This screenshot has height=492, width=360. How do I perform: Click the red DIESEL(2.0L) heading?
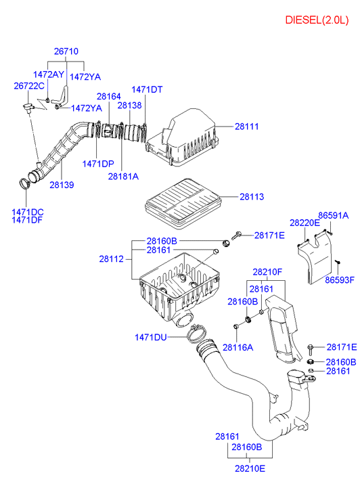(x=317, y=20)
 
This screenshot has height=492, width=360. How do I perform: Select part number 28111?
(x=247, y=127)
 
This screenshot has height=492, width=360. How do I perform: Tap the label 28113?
(x=252, y=197)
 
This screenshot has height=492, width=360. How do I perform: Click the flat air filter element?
(x=183, y=203)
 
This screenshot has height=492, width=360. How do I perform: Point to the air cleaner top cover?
(x=182, y=137)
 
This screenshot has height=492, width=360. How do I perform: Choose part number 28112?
(x=111, y=259)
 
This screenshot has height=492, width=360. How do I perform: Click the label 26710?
(x=66, y=51)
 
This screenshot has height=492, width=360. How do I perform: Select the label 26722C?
(x=29, y=86)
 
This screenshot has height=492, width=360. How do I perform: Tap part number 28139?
(x=62, y=185)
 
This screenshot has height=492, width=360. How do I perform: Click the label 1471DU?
(x=151, y=337)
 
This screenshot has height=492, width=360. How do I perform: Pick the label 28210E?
(x=250, y=468)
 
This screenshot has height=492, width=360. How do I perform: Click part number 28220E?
(x=305, y=223)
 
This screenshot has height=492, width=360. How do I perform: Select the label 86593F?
(x=340, y=280)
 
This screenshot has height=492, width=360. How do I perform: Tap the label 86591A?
(x=334, y=216)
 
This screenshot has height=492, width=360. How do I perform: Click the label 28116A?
(x=238, y=347)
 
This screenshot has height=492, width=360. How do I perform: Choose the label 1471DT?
(x=147, y=90)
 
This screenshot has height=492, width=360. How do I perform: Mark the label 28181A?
(x=123, y=177)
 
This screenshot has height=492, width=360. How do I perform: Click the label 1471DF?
(x=27, y=220)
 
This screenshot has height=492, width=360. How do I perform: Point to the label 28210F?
(x=267, y=272)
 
